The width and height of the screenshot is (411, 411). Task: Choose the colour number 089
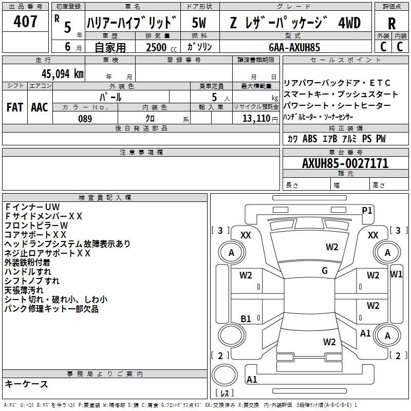tap(84, 119)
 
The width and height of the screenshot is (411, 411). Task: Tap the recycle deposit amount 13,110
tap(255, 119)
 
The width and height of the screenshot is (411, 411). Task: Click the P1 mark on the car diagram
tap(367, 210)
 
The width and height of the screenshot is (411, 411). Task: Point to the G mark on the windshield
tap(325, 271)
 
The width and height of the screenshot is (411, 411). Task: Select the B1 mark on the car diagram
tap(246, 319)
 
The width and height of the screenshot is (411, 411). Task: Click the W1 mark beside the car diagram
tap(396, 274)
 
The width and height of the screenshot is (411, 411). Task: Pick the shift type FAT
tap(15, 107)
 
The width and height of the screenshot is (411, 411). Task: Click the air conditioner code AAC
tap(40, 107)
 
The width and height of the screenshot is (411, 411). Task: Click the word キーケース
tap(27, 384)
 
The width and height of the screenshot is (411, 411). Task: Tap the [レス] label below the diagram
tap(225, 393)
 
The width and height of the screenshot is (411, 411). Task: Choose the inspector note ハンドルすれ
tap(28, 271)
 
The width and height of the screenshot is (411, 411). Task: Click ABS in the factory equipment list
tap(310, 139)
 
